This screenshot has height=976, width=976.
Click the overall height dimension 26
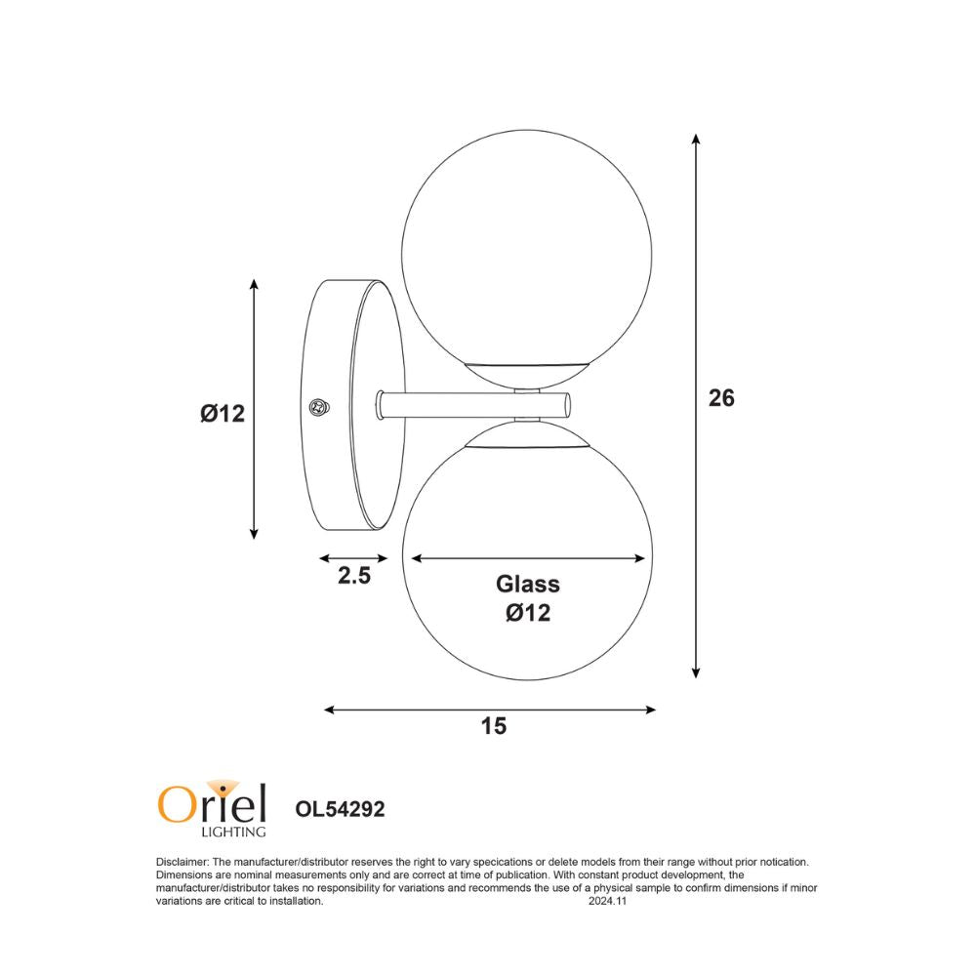point(720,398)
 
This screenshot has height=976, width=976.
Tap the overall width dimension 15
point(494,726)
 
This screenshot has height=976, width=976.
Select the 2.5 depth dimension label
point(354,576)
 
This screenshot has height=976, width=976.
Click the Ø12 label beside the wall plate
point(222,413)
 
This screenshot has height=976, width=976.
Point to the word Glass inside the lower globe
point(528,585)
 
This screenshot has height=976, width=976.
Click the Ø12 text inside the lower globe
point(528,613)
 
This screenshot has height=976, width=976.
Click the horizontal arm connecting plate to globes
point(468,404)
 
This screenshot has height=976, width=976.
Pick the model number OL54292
point(340,808)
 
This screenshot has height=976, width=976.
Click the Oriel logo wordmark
point(212,803)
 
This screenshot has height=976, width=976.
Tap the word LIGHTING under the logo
point(232,832)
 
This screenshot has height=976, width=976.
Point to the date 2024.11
point(607,902)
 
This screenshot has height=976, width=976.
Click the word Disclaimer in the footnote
point(182,862)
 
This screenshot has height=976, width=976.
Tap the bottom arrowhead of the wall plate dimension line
point(254,532)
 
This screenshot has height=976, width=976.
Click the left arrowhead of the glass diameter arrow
point(416,558)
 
